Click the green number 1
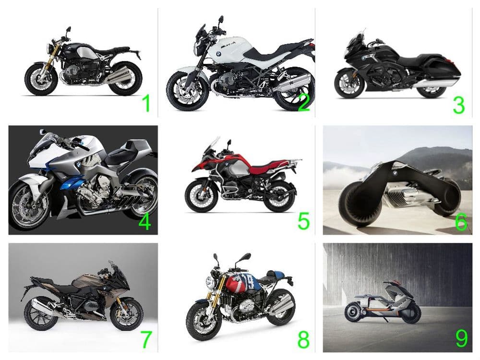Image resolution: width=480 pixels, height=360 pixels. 146,103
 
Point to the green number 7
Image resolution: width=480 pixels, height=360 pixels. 146,339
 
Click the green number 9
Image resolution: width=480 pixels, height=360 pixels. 462,338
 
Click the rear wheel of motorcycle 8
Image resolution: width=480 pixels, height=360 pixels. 279,307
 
